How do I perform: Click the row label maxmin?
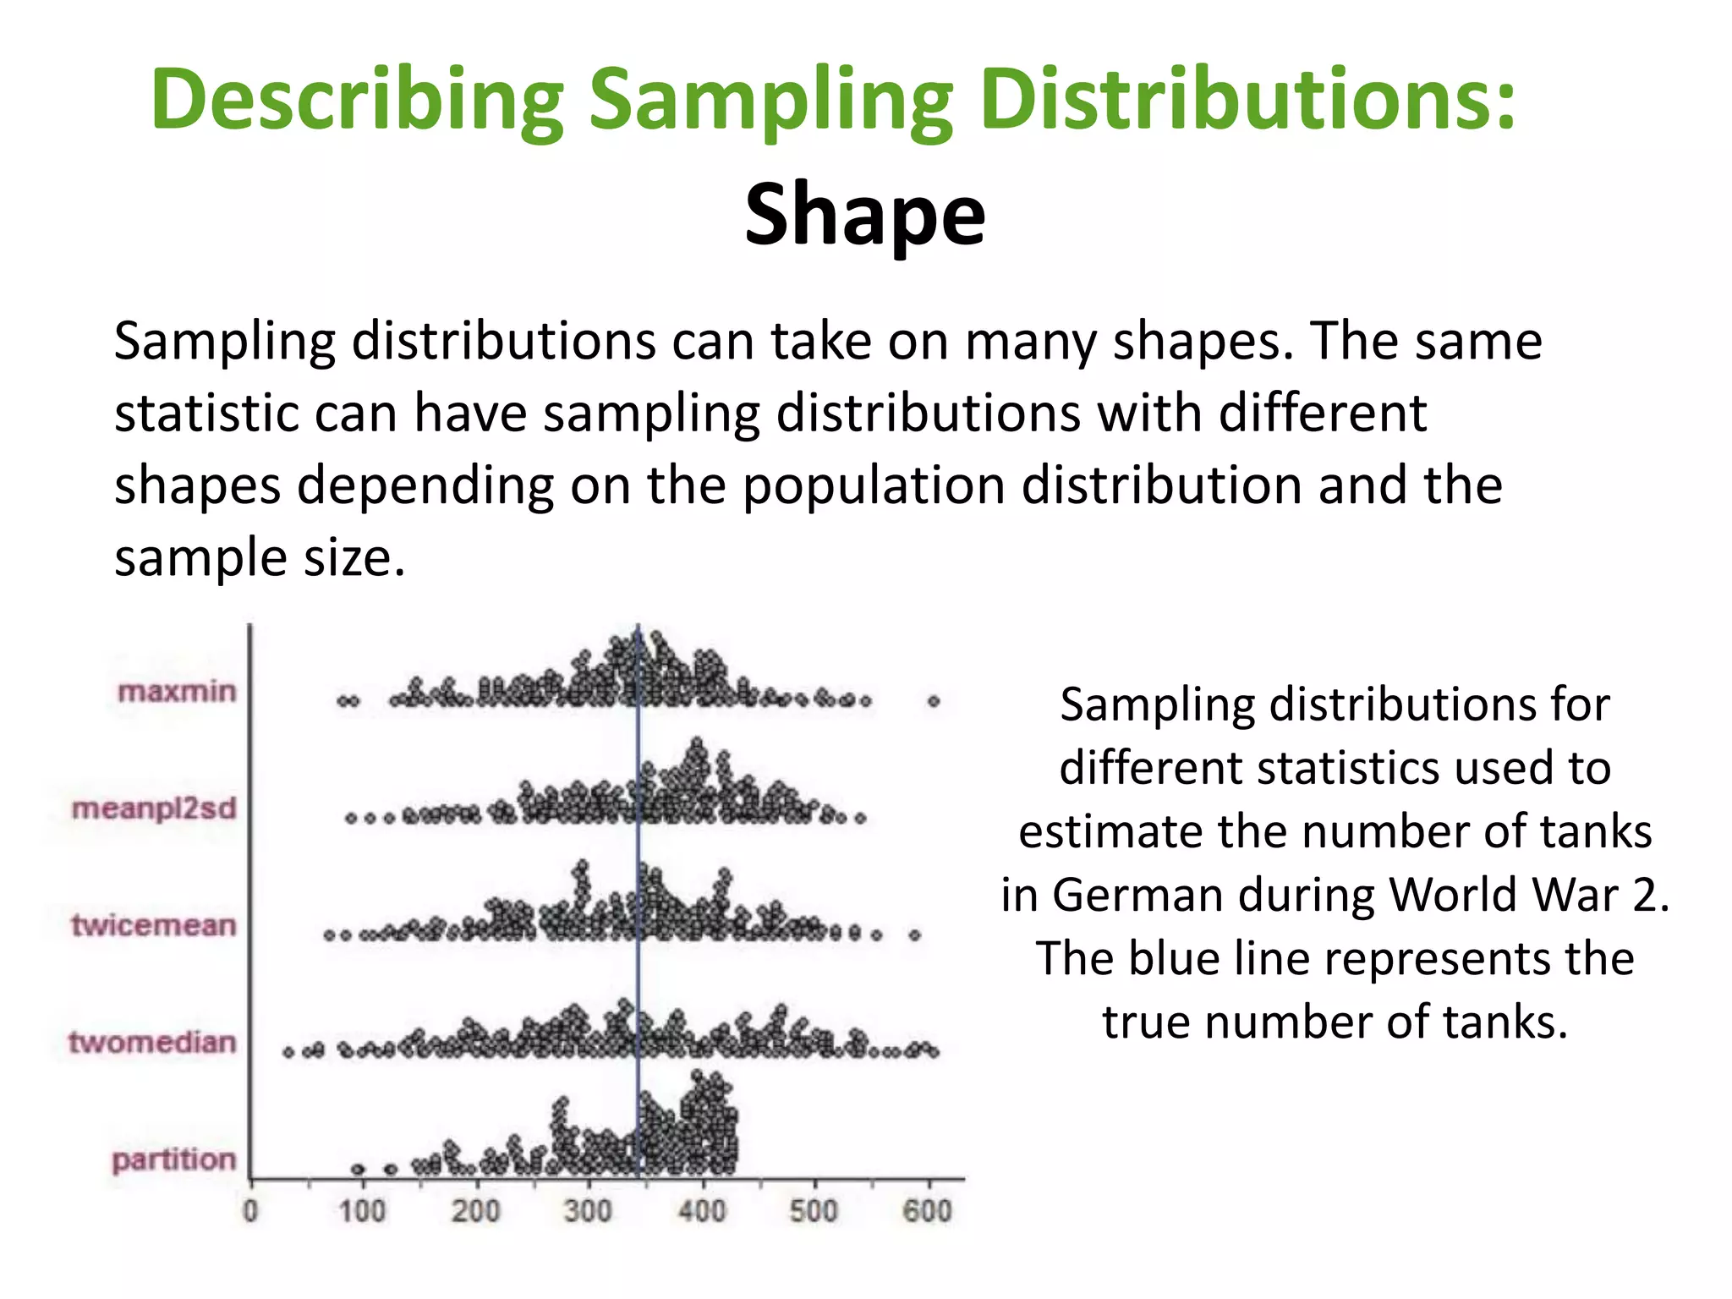click(177, 692)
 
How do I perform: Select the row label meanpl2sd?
click(154, 808)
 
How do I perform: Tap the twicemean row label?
click(153, 925)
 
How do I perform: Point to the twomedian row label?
click(152, 1042)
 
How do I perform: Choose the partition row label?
click(173, 1159)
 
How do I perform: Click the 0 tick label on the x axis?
click(250, 1211)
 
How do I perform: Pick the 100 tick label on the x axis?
click(363, 1211)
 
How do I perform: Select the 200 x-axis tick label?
click(475, 1211)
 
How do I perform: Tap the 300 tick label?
click(589, 1211)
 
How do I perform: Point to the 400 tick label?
click(702, 1211)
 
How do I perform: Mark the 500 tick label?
click(814, 1211)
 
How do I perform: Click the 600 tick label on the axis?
click(928, 1211)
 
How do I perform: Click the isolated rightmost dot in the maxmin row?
click(934, 701)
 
